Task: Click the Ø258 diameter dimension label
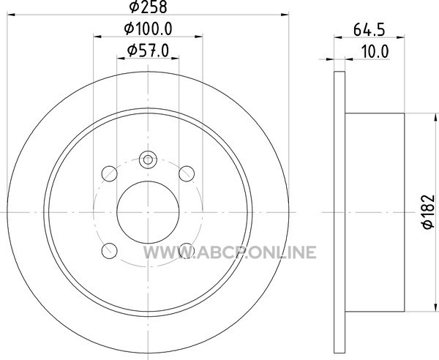click(149, 7)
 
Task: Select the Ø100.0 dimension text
click(148, 29)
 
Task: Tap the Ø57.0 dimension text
click(148, 50)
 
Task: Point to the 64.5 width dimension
click(369, 29)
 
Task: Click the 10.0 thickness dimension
click(375, 52)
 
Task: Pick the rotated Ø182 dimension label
click(429, 212)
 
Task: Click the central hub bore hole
click(148, 212)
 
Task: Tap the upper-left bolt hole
click(109, 173)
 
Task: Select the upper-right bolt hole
click(187, 173)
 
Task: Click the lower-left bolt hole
click(109, 251)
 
